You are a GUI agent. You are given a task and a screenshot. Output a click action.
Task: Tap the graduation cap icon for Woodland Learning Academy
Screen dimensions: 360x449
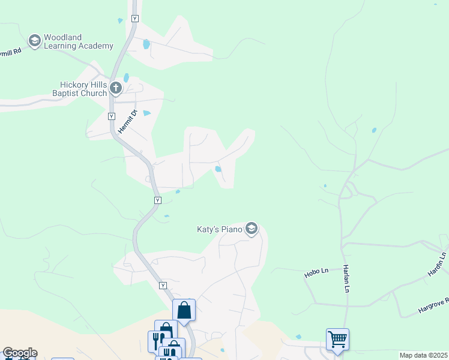point(34,40)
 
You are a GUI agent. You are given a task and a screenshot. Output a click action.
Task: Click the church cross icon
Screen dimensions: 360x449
point(116,89)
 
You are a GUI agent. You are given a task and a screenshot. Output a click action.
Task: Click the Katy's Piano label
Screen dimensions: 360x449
point(220,229)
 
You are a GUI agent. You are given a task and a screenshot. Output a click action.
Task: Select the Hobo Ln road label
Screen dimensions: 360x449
point(316,272)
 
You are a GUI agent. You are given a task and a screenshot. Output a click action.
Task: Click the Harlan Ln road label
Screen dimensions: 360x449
point(346,278)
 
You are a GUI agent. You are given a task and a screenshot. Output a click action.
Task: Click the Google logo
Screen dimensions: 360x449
point(20,353)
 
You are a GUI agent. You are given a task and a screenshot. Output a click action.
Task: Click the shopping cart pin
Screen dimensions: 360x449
point(337,340)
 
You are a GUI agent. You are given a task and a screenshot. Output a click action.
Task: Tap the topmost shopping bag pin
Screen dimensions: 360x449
point(184,311)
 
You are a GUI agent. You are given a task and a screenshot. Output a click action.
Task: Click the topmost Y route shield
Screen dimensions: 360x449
point(134,19)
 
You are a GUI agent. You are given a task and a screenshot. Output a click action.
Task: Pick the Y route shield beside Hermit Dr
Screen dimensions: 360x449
point(112,116)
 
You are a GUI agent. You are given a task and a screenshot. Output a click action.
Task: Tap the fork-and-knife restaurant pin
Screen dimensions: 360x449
point(156,341)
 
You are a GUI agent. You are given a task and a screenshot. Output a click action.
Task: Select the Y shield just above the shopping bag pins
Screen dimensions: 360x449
point(163,286)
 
